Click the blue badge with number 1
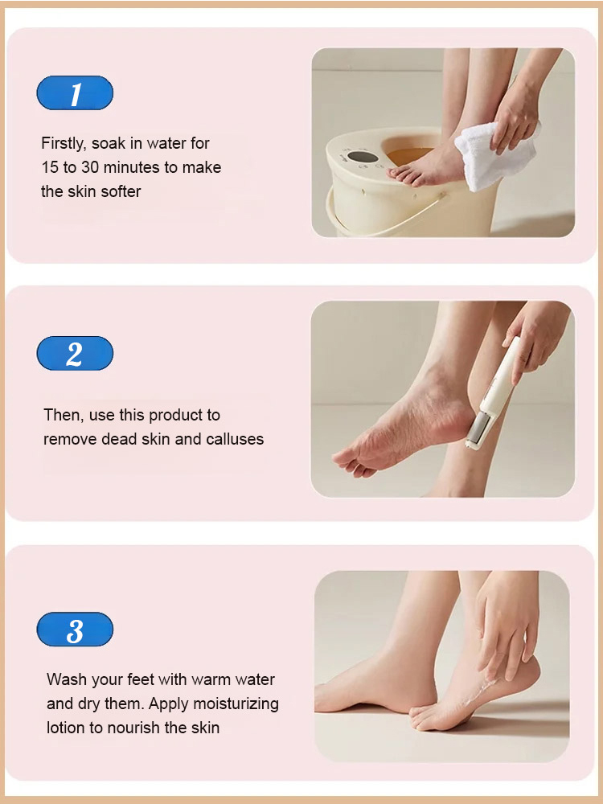pyautogui.click(x=75, y=93)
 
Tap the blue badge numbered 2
pyautogui.click(x=75, y=354)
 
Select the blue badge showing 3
pyautogui.click(x=75, y=630)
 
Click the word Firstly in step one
pyautogui.click(x=64, y=144)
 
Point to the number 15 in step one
pyautogui.click(x=50, y=168)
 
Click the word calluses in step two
pyautogui.click(x=235, y=440)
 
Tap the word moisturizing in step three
pyautogui.click(x=238, y=703)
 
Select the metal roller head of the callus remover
pyautogui.click(x=479, y=427)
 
